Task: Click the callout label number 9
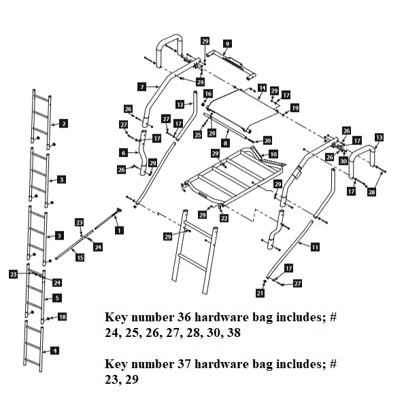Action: coord(227,43)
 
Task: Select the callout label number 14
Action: coord(262,88)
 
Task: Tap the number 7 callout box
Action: coord(141,87)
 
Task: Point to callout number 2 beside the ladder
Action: coord(63,124)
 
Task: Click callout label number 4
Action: coord(55,350)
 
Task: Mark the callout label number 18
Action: coord(63,317)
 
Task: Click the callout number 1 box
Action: coord(120,230)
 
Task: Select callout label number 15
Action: coord(80,257)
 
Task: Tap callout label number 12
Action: coord(180,105)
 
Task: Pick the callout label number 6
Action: coord(124,152)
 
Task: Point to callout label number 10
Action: coord(273,155)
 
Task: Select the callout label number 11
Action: coord(314,247)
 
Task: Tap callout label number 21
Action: coord(259,293)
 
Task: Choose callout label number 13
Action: coord(379,137)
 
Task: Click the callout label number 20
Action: coord(267,140)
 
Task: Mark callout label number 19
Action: coord(294,108)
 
